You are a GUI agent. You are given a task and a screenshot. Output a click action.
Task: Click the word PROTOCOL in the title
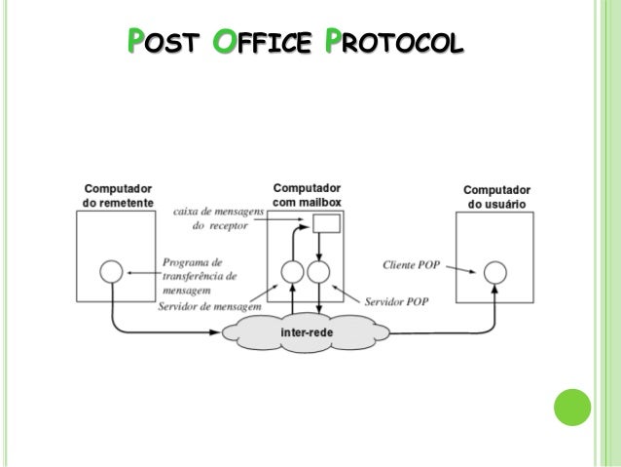tap(395, 44)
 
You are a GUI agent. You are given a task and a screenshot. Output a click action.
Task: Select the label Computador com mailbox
tap(306, 194)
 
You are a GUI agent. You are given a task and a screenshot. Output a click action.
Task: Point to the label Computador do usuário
tap(496, 197)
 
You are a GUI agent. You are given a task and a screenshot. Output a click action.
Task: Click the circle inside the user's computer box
tap(495, 271)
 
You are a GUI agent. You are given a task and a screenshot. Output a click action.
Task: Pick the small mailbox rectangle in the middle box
tap(326, 223)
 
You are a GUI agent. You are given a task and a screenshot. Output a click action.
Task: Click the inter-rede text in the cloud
tap(304, 333)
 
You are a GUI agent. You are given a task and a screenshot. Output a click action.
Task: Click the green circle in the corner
tap(572, 408)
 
